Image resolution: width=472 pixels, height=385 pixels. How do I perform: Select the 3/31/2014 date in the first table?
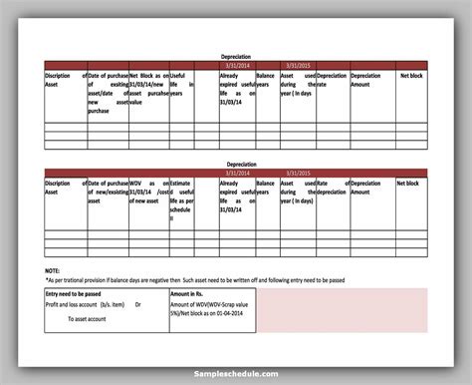click(238, 65)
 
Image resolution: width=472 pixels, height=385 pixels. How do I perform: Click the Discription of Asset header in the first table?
click(59, 81)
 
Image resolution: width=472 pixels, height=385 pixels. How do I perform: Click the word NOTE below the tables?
click(53, 270)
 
